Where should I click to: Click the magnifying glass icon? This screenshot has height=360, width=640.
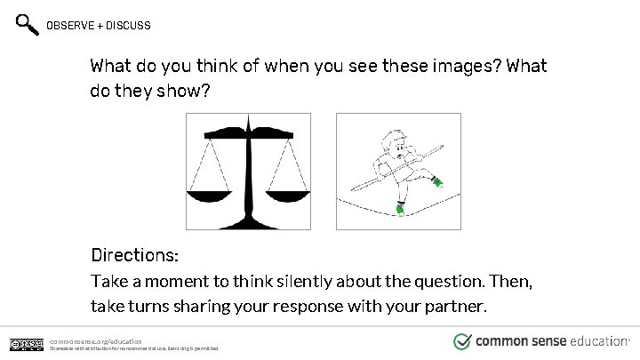pos(28,25)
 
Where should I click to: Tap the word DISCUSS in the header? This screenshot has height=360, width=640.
pos(130,26)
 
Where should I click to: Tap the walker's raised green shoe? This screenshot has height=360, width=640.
pos(436,182)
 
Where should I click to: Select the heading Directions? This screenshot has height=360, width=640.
pos(135,255)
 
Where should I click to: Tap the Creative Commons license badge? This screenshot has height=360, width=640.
pos(27,344)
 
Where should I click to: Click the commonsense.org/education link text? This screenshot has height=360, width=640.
pos(96,340)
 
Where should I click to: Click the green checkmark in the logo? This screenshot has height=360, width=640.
pos(462,341)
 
